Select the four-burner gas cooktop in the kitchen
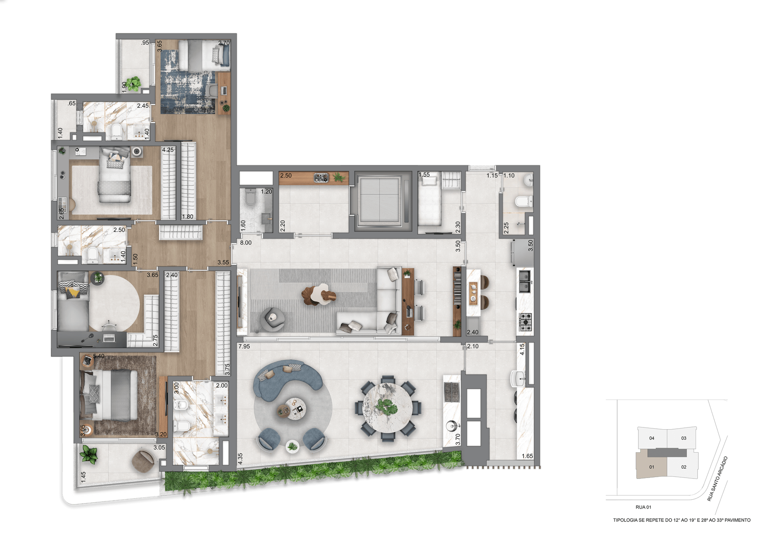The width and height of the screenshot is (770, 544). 525,322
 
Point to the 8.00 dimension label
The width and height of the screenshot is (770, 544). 246,243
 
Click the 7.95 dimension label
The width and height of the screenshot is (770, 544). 244,346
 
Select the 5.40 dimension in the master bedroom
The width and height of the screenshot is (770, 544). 99,356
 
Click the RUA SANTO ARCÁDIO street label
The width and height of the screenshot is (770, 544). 717,479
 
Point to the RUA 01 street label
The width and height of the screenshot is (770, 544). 643,507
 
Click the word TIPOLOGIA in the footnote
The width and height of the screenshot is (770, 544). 626,520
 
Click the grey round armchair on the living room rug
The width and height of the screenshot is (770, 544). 272,319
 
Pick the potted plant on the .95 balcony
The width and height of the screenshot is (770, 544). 133,83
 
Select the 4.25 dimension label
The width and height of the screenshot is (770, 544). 168,150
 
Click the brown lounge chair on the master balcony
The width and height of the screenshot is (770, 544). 143,461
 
